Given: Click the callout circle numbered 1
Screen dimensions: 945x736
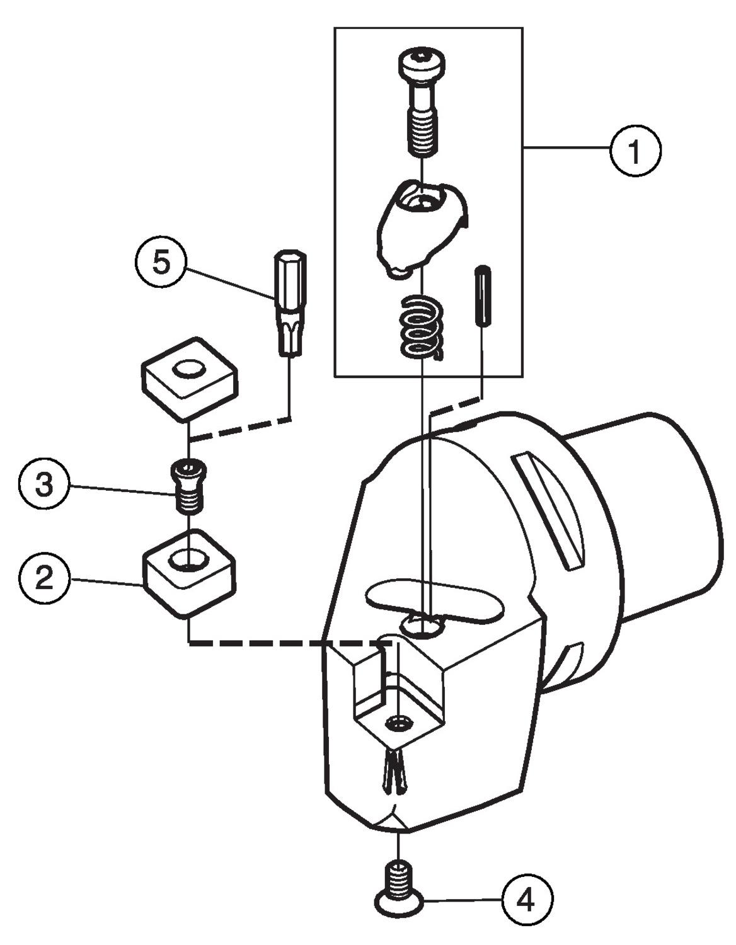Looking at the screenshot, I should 635,151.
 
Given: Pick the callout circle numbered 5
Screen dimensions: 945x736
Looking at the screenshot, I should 161,262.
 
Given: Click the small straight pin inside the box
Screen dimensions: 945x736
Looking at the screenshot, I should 483,297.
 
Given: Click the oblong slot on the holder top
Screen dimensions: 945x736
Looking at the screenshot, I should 435,600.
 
